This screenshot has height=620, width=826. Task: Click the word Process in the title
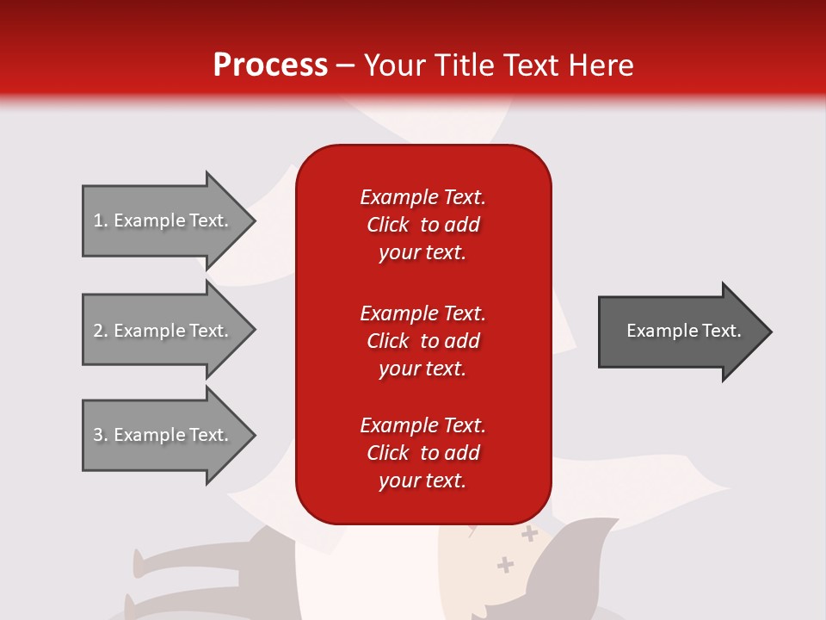270,65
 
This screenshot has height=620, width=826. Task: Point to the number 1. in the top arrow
101,220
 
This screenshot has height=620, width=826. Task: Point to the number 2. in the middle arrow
101,331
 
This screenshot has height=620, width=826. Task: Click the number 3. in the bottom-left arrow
101,435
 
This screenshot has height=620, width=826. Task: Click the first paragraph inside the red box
422,225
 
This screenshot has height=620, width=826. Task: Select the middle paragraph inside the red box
422,341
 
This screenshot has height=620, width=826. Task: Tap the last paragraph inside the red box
422,453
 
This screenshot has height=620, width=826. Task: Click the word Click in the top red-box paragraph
388,225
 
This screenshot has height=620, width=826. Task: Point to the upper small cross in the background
529,535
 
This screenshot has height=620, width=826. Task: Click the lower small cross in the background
506,565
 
